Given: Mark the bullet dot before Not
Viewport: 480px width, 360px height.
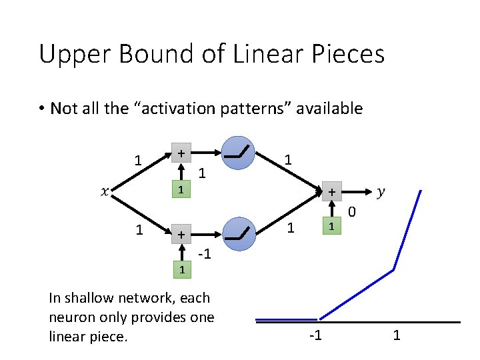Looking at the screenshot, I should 41,109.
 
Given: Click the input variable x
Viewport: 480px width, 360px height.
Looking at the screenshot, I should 103,192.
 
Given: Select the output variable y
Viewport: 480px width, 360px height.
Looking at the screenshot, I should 381,192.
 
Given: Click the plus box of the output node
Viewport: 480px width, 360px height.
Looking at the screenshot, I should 331,192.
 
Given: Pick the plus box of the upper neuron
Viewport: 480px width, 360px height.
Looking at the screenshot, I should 181,153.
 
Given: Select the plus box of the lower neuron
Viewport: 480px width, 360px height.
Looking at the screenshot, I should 181,234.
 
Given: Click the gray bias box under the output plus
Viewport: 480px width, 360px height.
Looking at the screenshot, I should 331,227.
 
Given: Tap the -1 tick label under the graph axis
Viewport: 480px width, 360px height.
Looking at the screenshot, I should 315,335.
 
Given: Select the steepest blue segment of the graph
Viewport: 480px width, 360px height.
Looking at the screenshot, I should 407,229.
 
